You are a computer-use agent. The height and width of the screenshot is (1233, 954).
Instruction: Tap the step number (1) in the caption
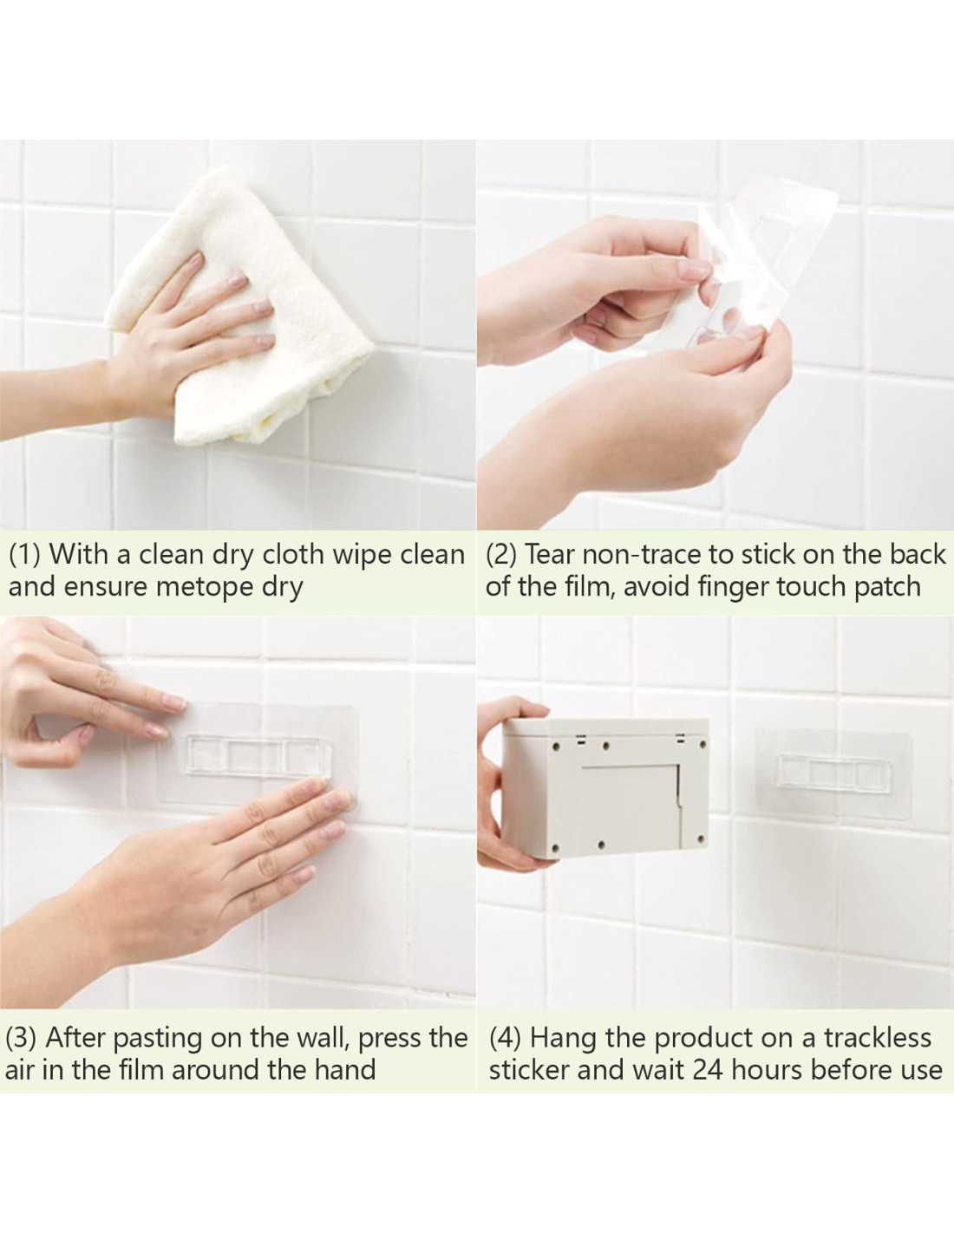coord(24,555)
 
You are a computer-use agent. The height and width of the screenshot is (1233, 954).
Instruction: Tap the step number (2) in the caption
coord(501,555)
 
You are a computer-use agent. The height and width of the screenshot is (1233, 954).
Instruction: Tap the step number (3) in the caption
coord(21,1039)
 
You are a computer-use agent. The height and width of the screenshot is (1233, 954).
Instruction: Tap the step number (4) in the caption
coord(506,1039)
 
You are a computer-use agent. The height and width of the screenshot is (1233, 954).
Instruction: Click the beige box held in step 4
coord(605,789)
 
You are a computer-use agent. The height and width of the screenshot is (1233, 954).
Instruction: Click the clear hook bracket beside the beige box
coord(833,773)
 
